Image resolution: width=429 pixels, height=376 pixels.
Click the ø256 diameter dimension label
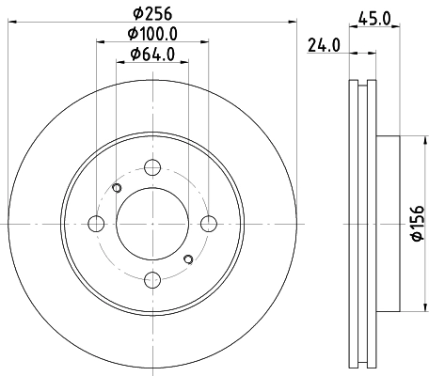[152, 13]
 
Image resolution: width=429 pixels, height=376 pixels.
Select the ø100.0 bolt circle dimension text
[152, 34]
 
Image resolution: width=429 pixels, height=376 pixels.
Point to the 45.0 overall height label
[374, 19]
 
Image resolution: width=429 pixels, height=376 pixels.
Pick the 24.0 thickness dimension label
[324, 45]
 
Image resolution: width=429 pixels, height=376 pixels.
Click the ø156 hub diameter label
[419, 224]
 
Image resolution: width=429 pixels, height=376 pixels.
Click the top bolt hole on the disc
[152, 167]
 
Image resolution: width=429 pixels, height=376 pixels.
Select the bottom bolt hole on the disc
[152, 280]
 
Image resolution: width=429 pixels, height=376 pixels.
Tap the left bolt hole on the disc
[96, 224]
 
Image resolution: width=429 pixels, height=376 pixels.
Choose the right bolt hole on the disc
[209, 224]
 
